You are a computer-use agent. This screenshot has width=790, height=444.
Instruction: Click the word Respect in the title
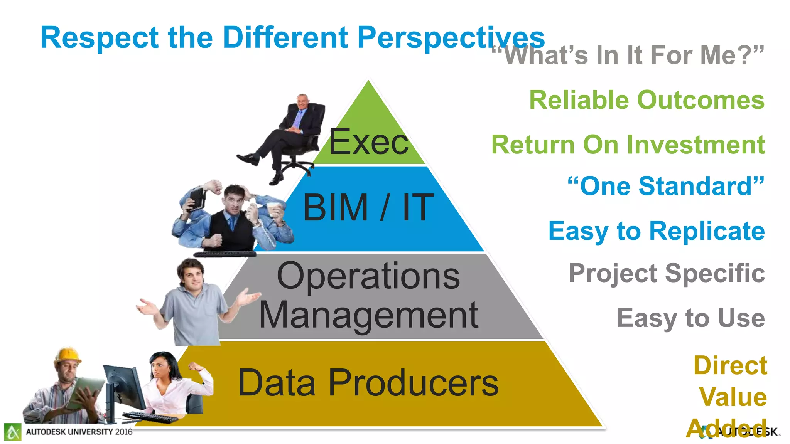(99, 38)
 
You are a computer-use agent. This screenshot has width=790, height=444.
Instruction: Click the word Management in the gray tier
(368, 315)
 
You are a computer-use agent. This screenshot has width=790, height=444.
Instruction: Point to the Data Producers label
(368, 383)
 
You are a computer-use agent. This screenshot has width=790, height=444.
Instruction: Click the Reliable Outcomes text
(647, 100)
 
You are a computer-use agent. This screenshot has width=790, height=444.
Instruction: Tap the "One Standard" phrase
(666, 186)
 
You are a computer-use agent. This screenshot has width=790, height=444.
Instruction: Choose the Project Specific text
(667, 273)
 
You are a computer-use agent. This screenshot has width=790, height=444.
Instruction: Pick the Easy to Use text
(690, 318)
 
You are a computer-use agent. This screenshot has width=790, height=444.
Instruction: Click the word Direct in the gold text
(730, 365)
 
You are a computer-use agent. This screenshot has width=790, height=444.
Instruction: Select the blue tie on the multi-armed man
(231, 223)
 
